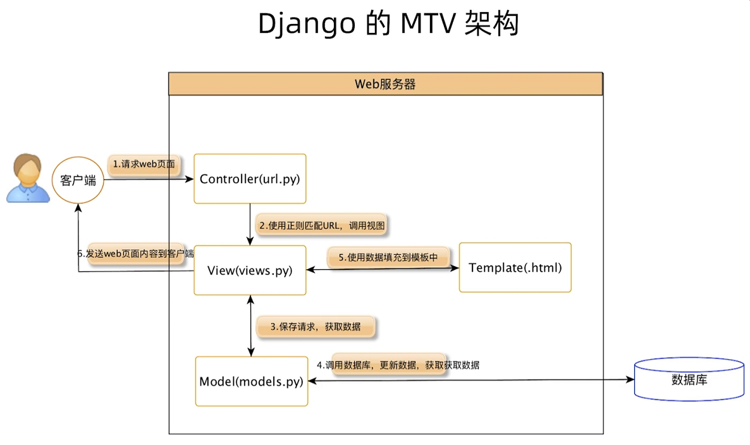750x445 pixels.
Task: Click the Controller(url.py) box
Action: [250, 179]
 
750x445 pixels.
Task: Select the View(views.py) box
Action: [250, 270]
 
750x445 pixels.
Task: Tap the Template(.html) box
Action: [515, 267]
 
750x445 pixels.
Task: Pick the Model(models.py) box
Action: [251, 381]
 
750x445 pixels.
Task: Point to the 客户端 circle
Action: [78, 180]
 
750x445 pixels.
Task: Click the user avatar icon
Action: [27, 180]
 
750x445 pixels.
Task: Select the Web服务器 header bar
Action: [385, 83]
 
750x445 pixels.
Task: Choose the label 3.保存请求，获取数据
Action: [315, 327]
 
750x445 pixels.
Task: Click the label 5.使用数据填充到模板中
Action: [392, 257]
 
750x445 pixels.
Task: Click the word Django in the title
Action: [307, 24]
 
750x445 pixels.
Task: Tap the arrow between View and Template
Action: [383, 269]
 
